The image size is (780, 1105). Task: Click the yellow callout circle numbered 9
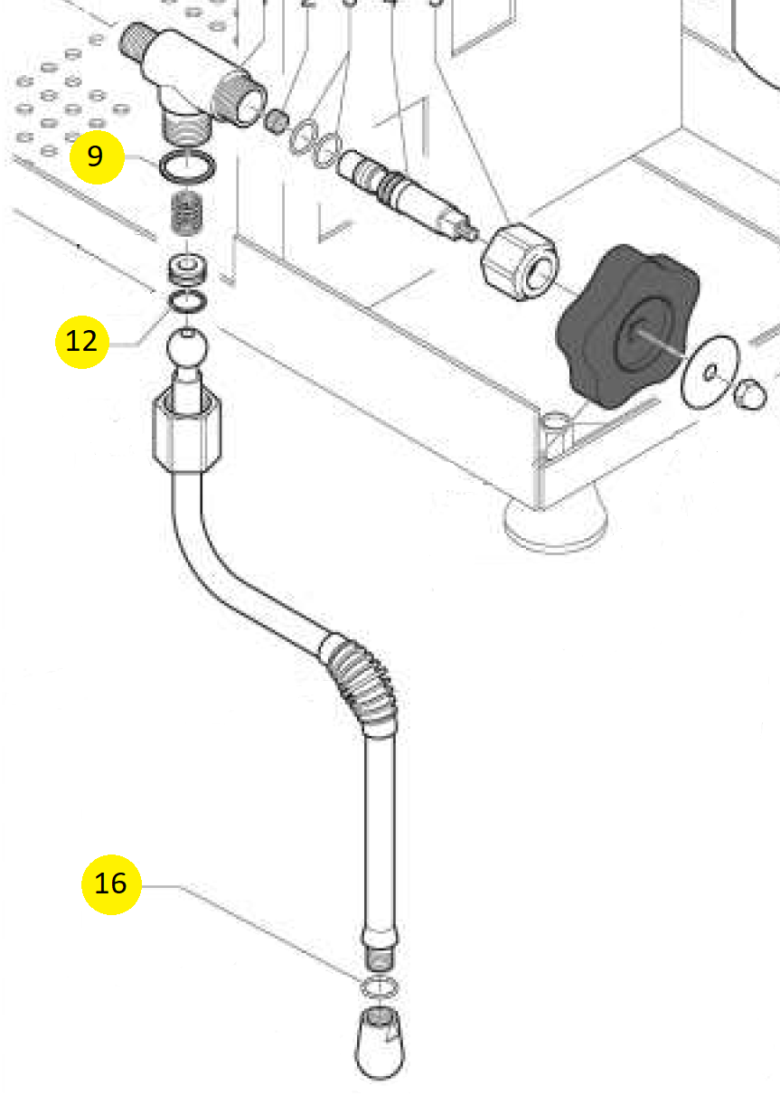(96, 156)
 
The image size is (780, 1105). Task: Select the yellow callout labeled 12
(81, 341)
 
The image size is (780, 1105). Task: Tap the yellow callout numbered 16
(110, 883)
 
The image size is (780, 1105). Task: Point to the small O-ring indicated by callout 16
(380, 986)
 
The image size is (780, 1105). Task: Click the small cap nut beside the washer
(749, 394)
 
